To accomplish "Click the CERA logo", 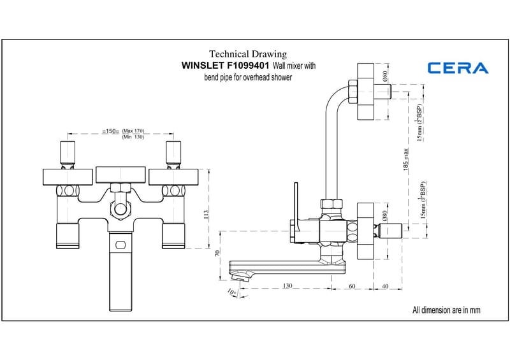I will click(x=458, y=68).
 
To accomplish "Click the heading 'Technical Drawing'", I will click(x=248, y=54).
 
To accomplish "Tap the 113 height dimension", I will click(x=206, y=215).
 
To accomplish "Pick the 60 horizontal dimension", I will click(x=353, y=286).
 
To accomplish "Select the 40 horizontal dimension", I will click(x=384, y=286).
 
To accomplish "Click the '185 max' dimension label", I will click(x=406, y=158).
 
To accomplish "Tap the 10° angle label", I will click(x=231, y=292).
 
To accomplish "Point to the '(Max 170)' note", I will click(x=134, y=130).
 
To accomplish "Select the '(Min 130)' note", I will click(x=134, y=137).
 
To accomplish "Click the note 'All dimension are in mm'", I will click(x=446, y=310).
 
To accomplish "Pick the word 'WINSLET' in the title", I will click(x=202, y=66).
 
